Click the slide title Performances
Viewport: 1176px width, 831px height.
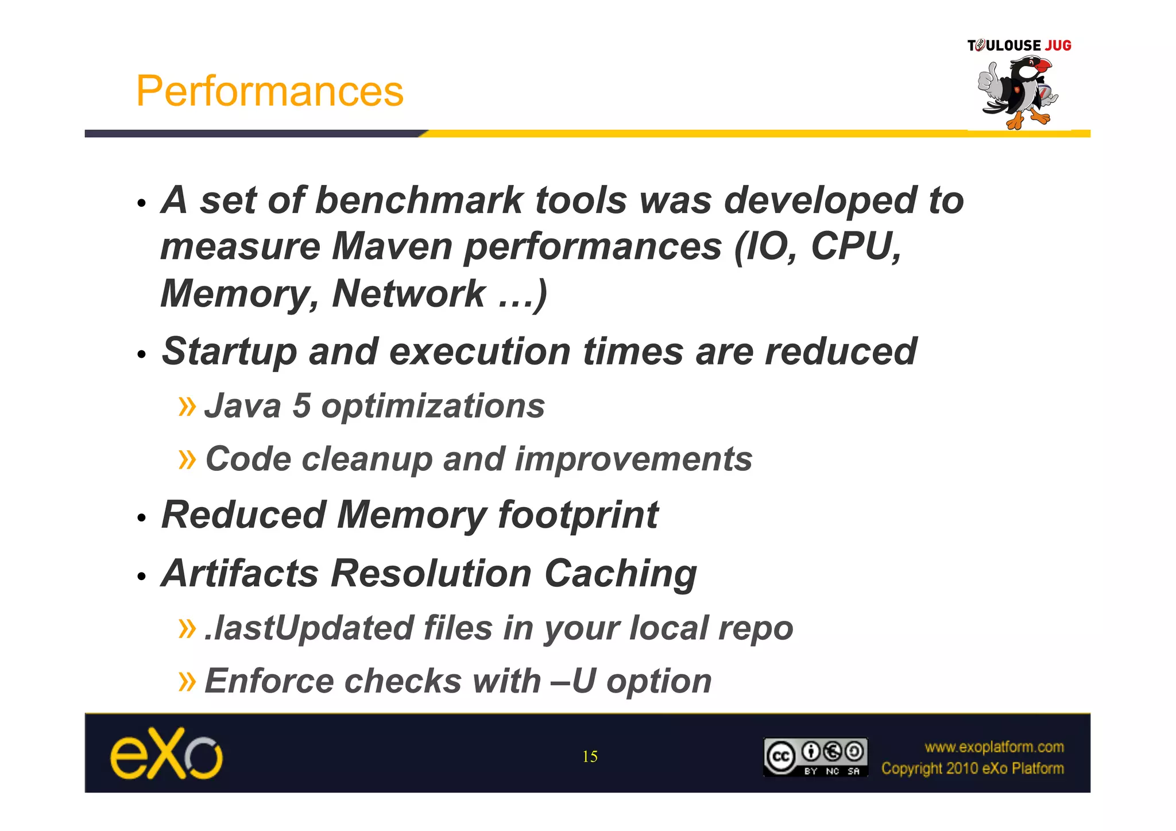coord(269,91)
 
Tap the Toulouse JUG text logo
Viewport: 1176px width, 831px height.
coord(1019,45)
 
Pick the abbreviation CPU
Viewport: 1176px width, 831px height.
coord(855,246)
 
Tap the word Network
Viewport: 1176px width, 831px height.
coord(409,293)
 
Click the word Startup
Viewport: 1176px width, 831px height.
coord(229,351)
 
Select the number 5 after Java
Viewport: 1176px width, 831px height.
coord(301,406)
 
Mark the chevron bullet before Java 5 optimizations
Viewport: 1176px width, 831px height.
coord(187,406)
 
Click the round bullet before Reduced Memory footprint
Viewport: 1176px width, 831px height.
coord(142,518)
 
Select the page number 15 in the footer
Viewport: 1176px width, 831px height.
coord(590,756)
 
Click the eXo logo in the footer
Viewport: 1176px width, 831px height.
coord(166,753)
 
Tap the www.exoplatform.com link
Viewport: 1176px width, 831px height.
coord(994,747)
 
